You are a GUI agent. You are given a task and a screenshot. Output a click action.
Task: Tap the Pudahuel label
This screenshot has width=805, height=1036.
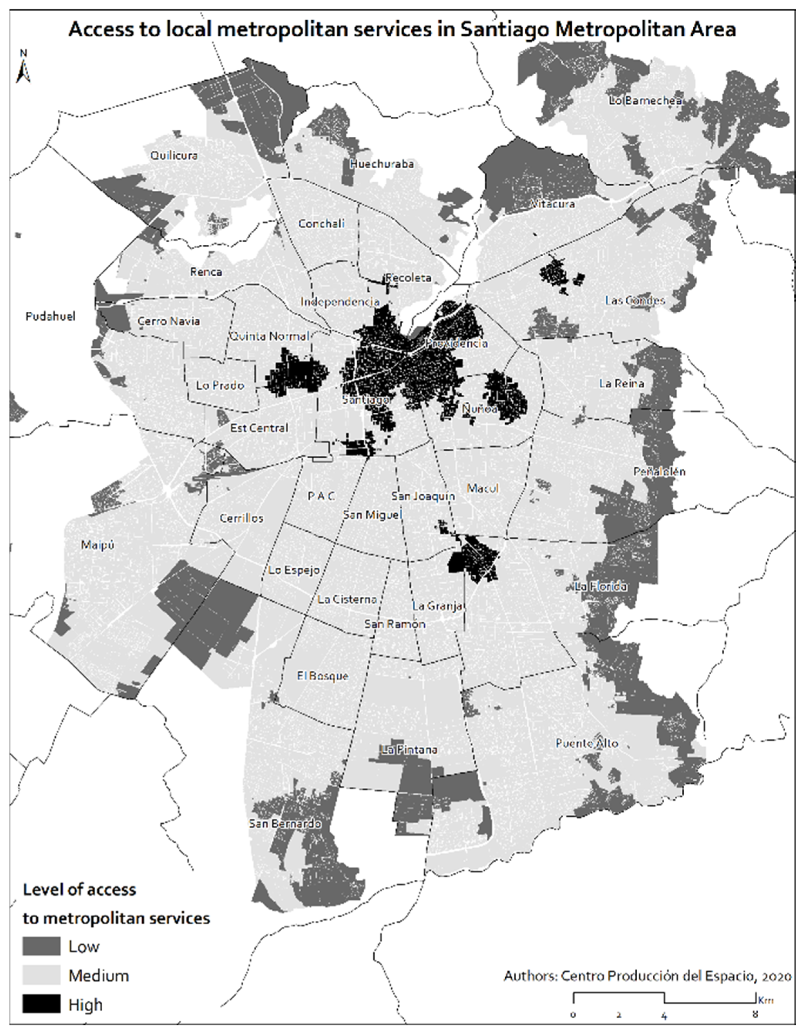coord(50,316)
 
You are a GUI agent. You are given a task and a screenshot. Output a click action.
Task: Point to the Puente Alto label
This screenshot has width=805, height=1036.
coord(587,743)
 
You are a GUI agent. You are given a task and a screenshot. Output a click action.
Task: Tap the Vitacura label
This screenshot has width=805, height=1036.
coord(552,204)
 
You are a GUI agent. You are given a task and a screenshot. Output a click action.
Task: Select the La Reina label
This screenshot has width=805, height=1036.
coord(621,383)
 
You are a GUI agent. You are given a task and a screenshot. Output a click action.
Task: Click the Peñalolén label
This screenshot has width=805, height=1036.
coord(659,472)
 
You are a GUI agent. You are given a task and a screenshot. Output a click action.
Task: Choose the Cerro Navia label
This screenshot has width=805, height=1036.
coord(168,321)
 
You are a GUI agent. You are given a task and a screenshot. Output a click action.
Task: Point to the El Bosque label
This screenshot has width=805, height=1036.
coord(323,676)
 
